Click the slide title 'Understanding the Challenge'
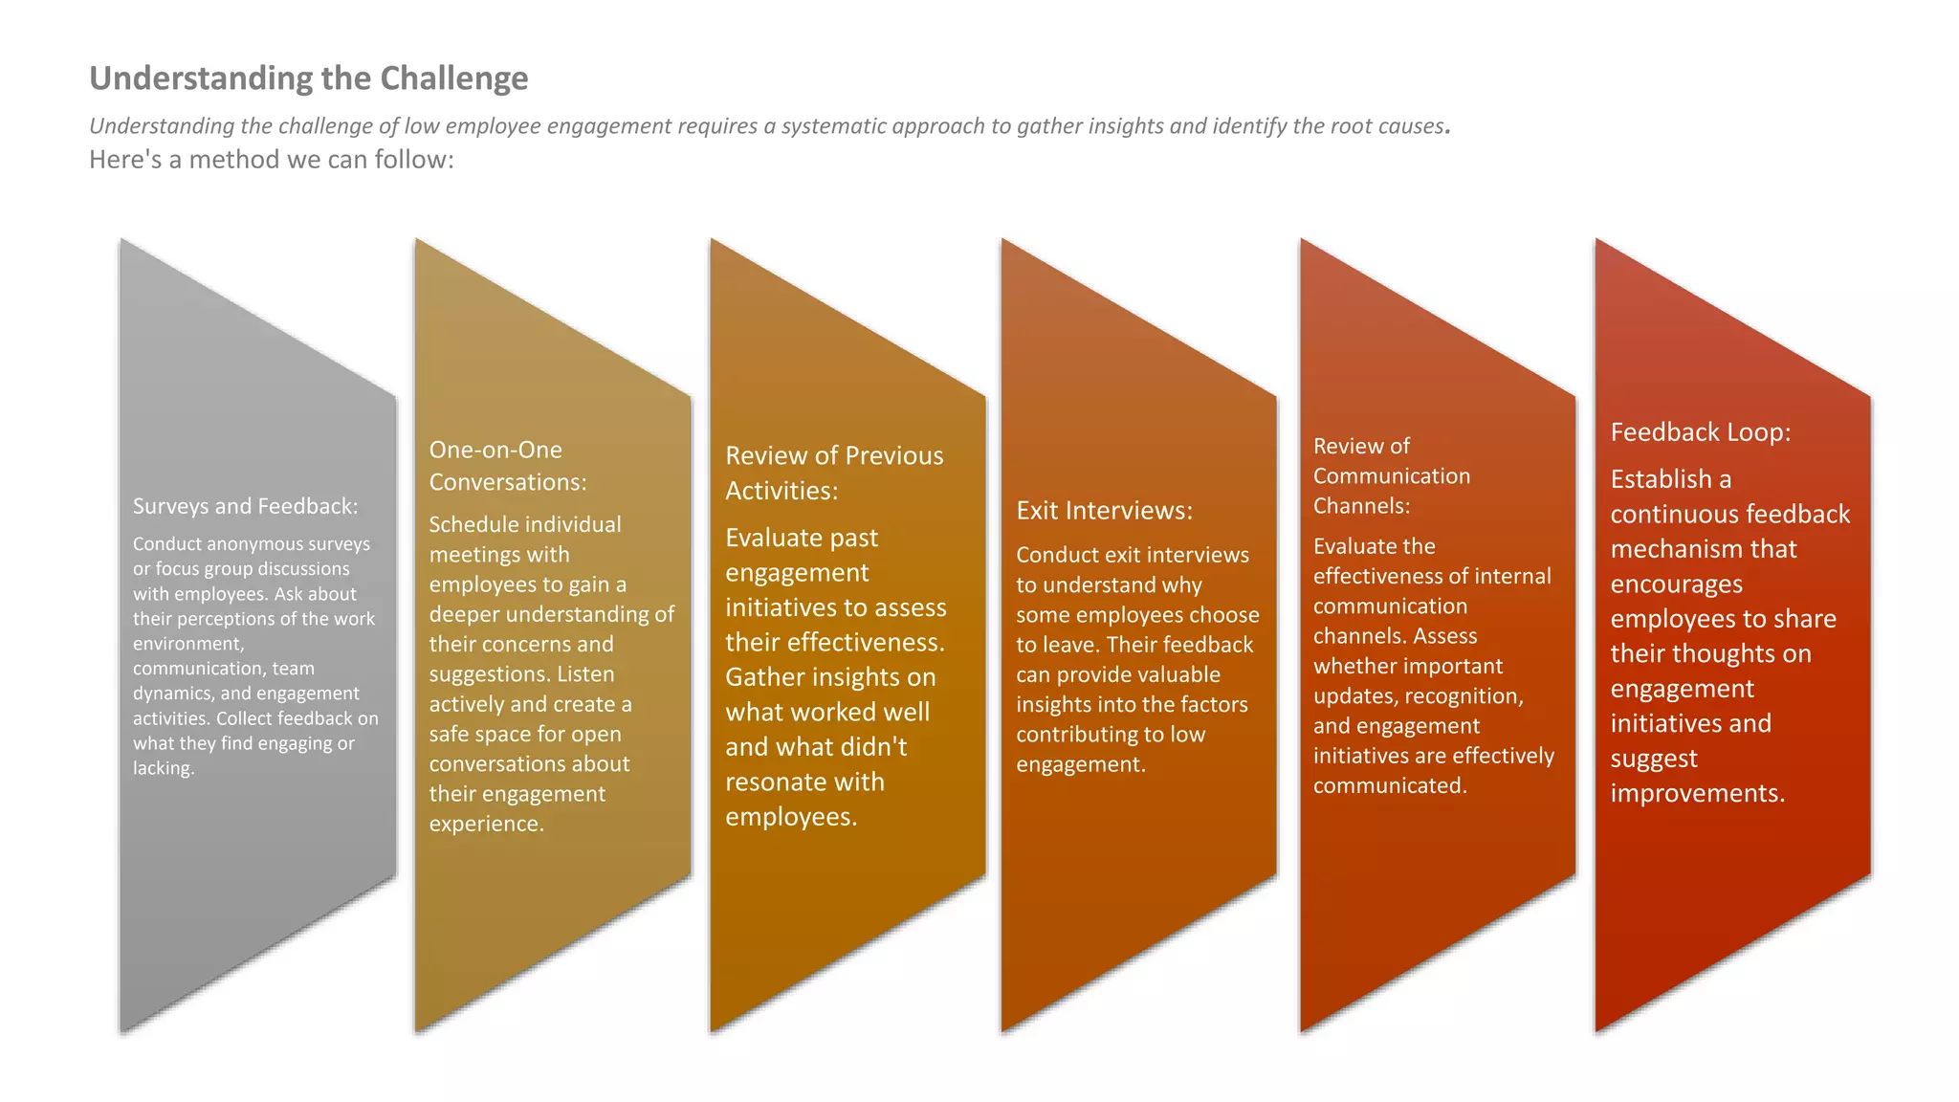point(308,78)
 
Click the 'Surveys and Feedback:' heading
point(245,506)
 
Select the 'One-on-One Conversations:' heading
point(507,466)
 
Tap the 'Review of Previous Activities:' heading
point(833,473)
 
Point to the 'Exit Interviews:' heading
point(1104,511)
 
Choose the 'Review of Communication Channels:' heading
point(1391,475)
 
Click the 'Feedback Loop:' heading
point(1700,432)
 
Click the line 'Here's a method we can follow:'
point(271,160)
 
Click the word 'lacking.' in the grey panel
point(164,768)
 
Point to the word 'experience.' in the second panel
point(486,824)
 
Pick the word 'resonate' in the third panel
point(767,782)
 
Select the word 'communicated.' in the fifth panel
point(1389,785)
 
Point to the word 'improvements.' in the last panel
point(1697,793)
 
